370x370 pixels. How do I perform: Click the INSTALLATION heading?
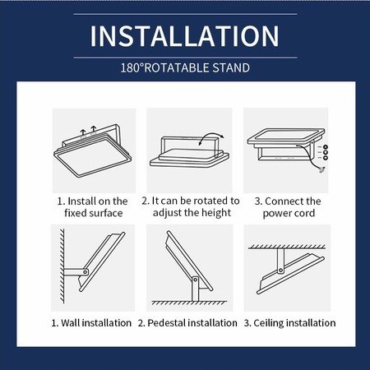tap(185, 36)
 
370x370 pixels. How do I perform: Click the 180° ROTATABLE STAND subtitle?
tap(185, 67)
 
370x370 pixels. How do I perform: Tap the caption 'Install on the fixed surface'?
tap(93, 207)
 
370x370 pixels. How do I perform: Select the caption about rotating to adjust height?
tap(191, 206)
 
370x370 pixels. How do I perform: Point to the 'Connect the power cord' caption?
tap(288, 207)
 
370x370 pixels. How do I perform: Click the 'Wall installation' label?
tap(91, 322)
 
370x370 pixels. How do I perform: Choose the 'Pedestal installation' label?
tap(187, 322)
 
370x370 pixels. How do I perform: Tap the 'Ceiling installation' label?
tap(290, 322)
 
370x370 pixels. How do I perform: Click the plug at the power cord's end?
tap(321, 169)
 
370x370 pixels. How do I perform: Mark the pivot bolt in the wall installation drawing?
tap(86, 272)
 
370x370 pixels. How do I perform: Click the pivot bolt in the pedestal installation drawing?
tap(195, 280)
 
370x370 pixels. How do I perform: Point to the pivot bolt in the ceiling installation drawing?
tap(280, 271)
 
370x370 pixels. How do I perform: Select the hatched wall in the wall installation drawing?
tap(62, 266)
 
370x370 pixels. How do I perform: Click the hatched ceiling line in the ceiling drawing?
tap(287, 247)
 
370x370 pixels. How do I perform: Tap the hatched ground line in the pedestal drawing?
tap(189, 303)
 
